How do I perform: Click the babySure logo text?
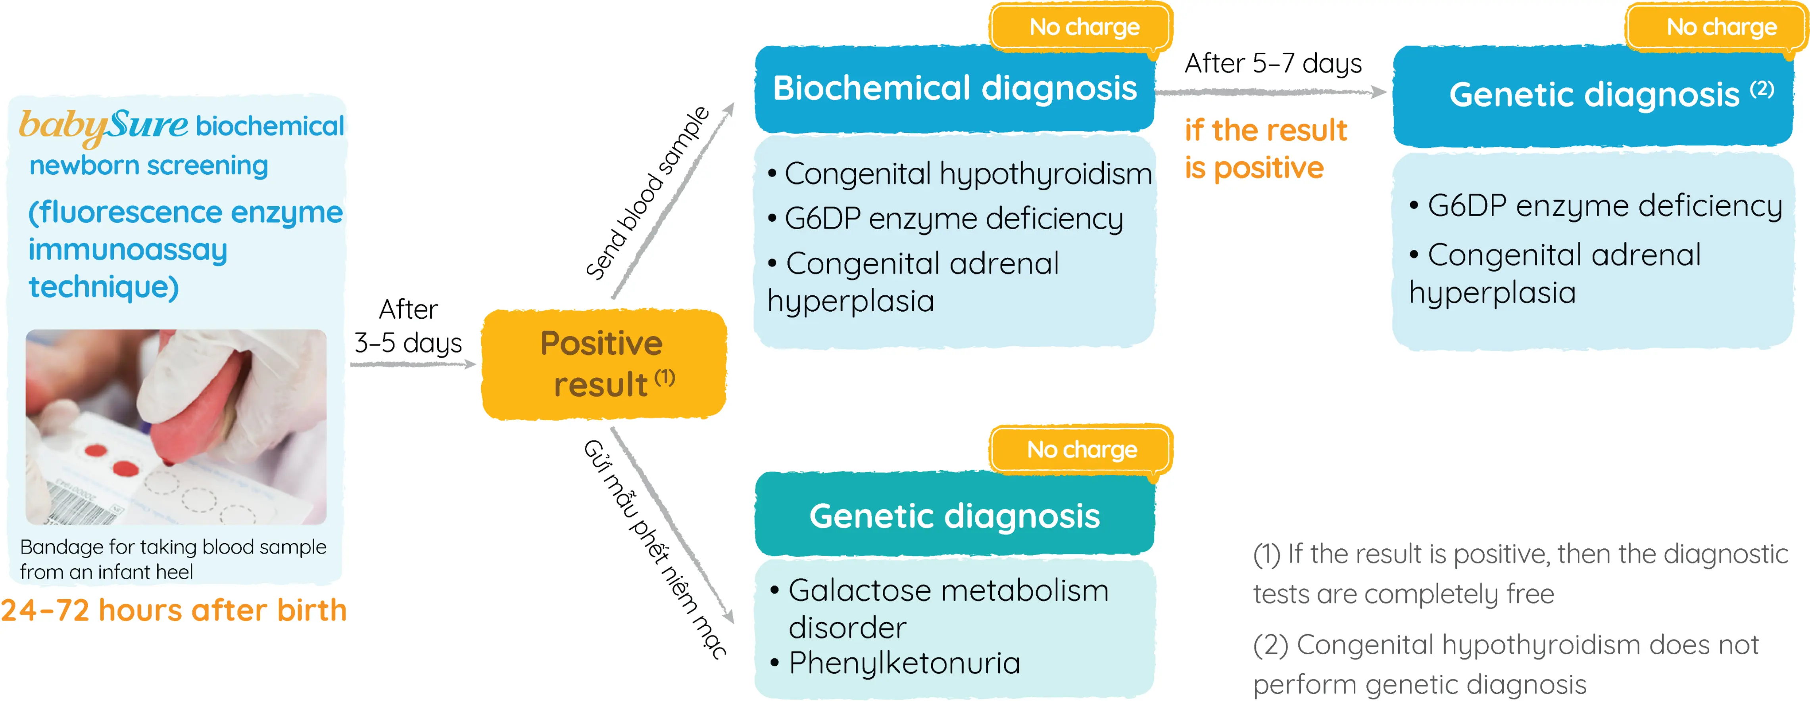(x=103, y=125)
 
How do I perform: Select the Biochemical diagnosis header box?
(x=954, y=88)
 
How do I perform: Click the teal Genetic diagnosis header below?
(x=954, y=515)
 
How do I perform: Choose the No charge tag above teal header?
(x=1082, y=450)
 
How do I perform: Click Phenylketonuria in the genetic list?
(x=903, y=663)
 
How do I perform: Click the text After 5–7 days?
(x=1272, y=63)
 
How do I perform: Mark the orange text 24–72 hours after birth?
(x=173, y=610)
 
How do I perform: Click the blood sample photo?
(x=176, y=426)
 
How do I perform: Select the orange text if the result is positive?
(x=1265, y=149)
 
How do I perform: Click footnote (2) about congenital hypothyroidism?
(x=1505, y=664)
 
